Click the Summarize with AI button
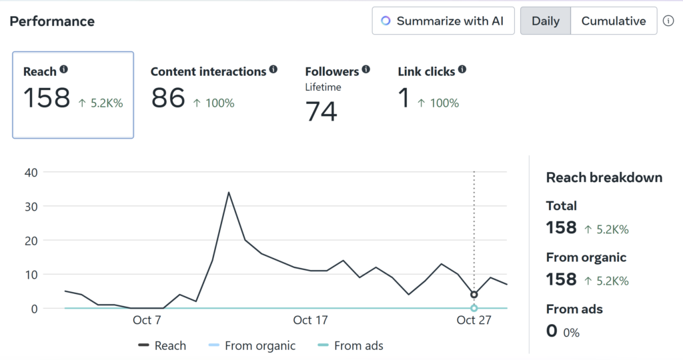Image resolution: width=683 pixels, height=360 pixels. tap(444, 21)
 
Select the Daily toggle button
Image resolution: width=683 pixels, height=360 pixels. tap(545, 21)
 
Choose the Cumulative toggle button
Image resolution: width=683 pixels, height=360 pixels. tap(614, 21)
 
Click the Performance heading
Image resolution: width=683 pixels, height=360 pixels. tap(52, 21)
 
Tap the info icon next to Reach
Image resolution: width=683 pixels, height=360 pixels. tap(64, 69)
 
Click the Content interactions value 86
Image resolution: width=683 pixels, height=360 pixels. tap(168, 99)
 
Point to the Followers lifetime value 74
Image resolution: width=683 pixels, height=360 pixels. tap(321, 111)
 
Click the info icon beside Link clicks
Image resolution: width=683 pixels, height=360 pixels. tap(462, 69)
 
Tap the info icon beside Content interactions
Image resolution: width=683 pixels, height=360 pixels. tap(273, 69)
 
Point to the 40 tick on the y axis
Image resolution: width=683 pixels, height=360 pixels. tap(31, 172)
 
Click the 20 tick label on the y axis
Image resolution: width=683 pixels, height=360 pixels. tap(31, 240)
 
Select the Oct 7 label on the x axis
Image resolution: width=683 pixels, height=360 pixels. tap(147, 320)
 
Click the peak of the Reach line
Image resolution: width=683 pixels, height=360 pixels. tap(229, 193)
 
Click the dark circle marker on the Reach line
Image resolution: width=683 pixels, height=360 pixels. tap(474, 295)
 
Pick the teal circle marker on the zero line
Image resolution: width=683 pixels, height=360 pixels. tap(474, 308)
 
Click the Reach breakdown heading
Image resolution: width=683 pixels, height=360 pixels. tap(604, 177)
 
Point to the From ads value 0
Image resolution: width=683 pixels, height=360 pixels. tap(552, 331)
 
